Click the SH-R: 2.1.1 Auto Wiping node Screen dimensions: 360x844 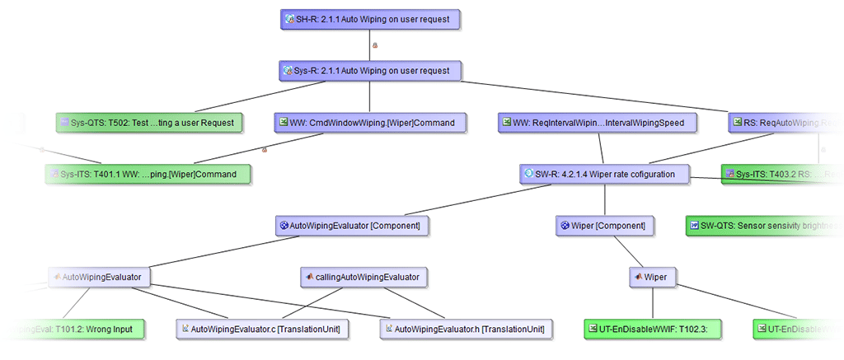pyautogui.click(x=369, y=20)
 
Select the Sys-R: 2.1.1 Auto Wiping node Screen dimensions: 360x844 pyautogui.click(x=369, y=71)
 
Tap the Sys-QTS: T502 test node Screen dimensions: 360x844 pyautogui.click(x=150, y=123)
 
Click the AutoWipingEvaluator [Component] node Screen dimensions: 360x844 pyautogui.click(x=352, y=225)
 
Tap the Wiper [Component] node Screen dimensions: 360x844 pyautogui.click(x=605, y=225)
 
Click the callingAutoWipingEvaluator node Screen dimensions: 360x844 pyautogui.click(x=363, y=277)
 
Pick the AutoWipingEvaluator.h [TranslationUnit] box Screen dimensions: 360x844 pyautogui.click(x=467, y=329)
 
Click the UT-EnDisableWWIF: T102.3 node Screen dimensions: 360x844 pyautogui.click(x=652, y=329)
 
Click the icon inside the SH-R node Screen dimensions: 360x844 pyautogui.click(x=288, y=20)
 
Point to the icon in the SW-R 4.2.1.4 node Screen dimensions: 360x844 pyautogui.click(x=527, y=174)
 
